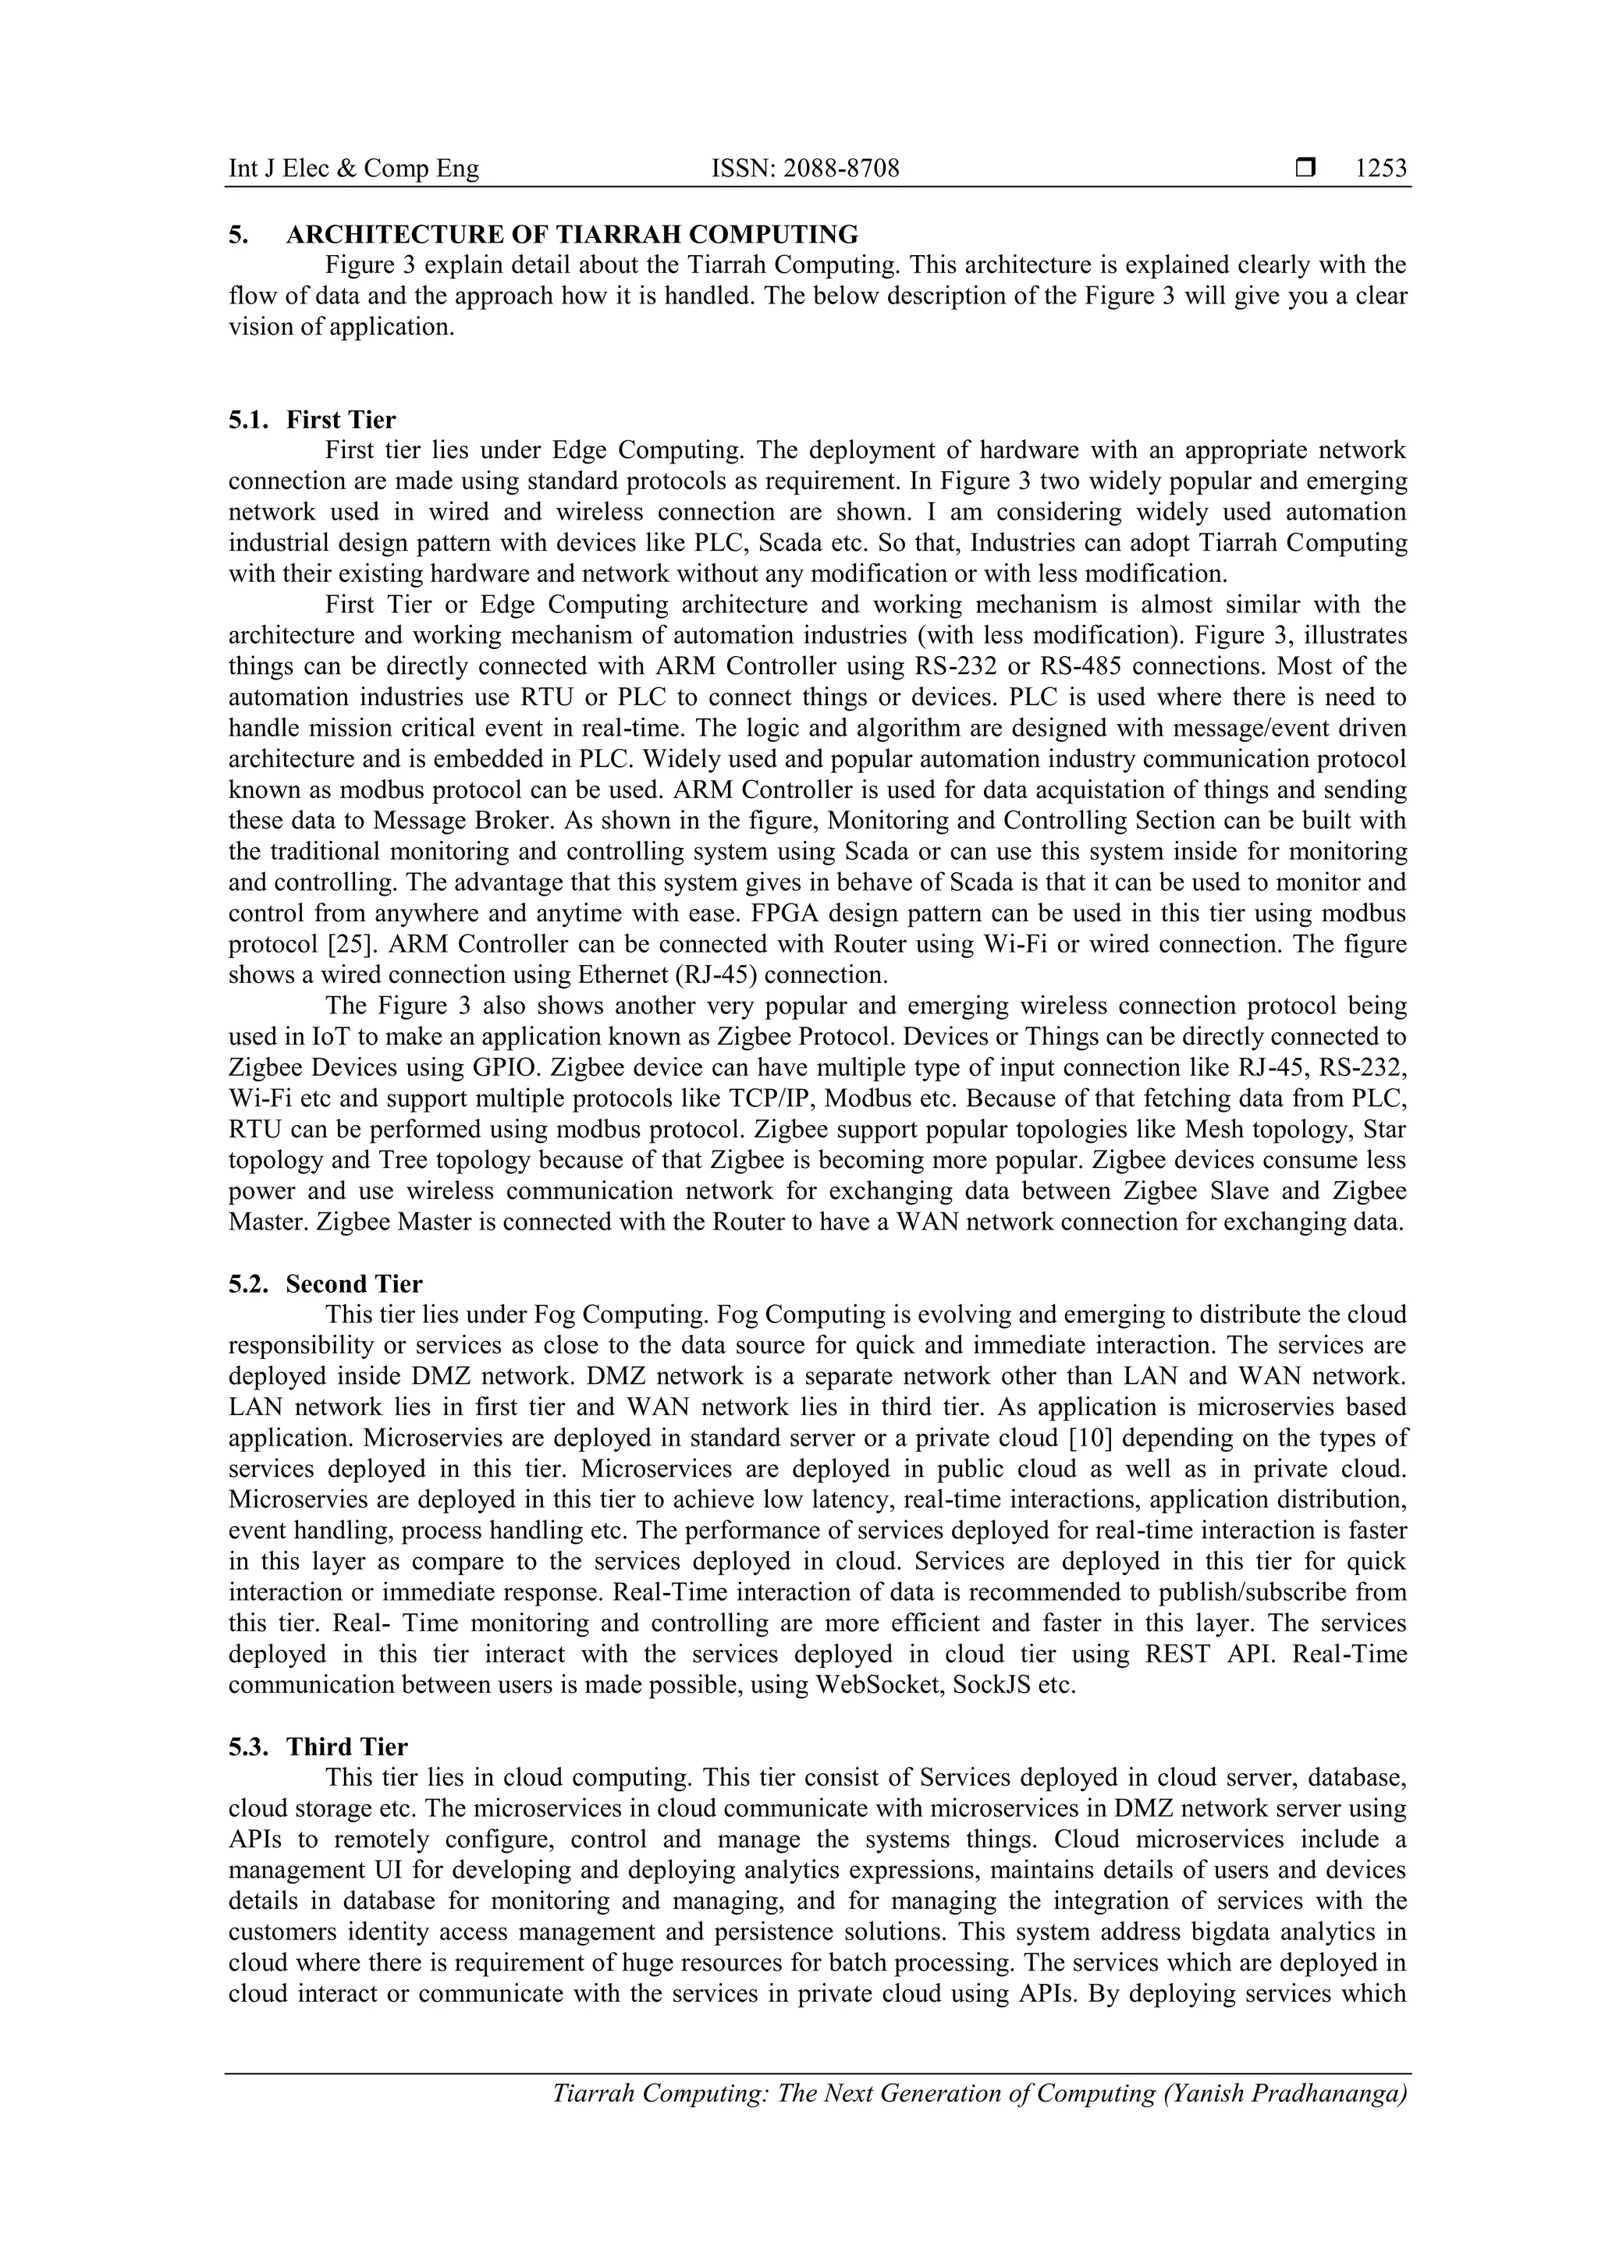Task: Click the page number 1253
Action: (x=1380, y=169)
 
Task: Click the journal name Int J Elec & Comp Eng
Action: (x=353, y=169)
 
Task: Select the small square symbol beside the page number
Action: (x=1305, y=169)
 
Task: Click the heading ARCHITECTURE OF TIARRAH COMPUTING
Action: (x=571, y=234)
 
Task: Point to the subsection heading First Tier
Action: (x=341, y=420)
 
